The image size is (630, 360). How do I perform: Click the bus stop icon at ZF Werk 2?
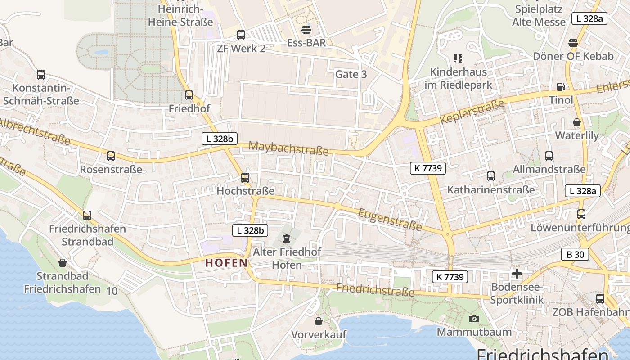(x=241, y=35)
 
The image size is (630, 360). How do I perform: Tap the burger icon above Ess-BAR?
(x=306, y=30)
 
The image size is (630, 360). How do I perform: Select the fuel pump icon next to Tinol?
(x=561, y=87)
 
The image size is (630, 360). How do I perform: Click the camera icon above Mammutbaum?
(x=474, y=319)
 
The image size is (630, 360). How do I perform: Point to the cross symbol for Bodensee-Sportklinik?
(x=517, y=273)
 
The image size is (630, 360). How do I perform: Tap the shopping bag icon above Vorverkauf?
(x=319, y=321)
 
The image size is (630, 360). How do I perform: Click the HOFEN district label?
(x=226, y=263)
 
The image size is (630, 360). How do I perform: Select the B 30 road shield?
(x=575, y=254)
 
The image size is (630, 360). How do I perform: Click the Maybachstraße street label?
(x=288, y=148)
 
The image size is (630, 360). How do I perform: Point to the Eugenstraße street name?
(x=390, y=219)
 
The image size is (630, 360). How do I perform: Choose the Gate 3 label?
(x=351, y=74)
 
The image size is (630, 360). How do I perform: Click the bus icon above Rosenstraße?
(x=111, y=156)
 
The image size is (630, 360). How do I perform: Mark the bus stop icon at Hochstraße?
(x=245, y=177)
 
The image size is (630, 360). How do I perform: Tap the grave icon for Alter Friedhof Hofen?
(x=287, y=238)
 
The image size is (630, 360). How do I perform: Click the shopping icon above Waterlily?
(x=577, y=122)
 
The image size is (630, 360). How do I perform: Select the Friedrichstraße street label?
(x=375, y=290)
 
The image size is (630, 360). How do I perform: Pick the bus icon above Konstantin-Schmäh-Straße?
(x=41, y=75)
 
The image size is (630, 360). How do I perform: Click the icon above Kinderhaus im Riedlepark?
(x=458, y=58)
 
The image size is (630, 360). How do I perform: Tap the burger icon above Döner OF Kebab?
(x=573, y=43)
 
